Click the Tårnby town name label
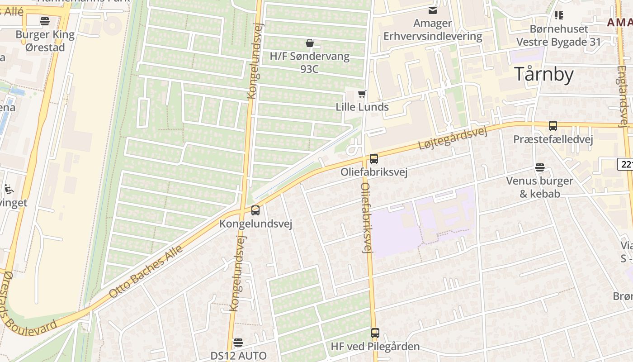pyautogui.click(x=544, y=75)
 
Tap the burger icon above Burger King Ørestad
pyautogui.click(x=44, y=21)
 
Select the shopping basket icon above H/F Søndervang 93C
pyautogui.click(x=310, y=43)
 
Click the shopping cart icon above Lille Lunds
pyautogui.click(x=362, y=94)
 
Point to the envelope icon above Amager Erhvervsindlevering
pyautogui.click(x=433, y=10)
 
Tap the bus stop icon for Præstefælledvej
pyautogui.click(x=553, y=126)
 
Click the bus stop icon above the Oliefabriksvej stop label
pyautogui.click(x=374, y=159)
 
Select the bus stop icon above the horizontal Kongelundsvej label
pyautogui.click(x=255, y=210)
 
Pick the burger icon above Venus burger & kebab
pyautogui.click(x=539, y=167)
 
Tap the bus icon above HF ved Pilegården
pyautogui.click(x=375, y=333)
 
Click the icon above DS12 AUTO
pyautogui.click(x=238, y=342)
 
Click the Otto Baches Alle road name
pyautogui.click(x=146, y=271)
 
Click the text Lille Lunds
pyautogui.click(x=362, y=107)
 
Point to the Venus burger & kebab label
pyautogui.click(x=539, y=187)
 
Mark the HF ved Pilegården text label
pyautogui.click(x=375, y=347)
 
